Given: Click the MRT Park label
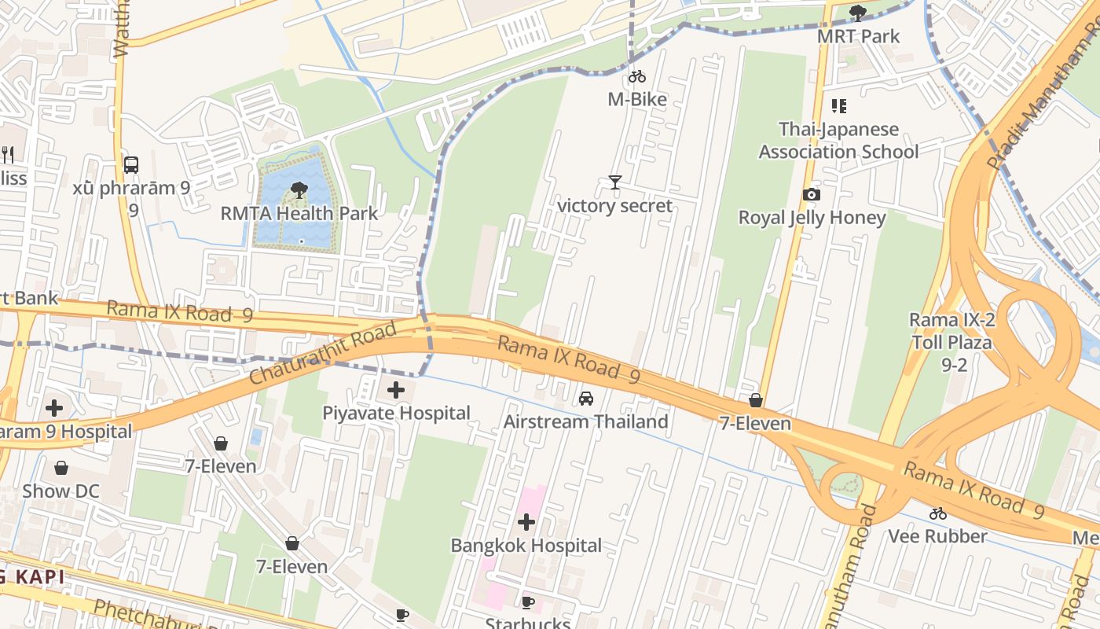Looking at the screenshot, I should click(x=858, y=36).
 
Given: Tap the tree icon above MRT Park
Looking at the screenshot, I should click(x=858, y=13).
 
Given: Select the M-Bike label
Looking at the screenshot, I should click(x=637, y=99).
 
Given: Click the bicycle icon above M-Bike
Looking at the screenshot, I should click(x=637, y=76).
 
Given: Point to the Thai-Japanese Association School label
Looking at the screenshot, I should click(x=838, y=140).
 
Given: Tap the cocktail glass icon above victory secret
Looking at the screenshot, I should click(x=615, y=182).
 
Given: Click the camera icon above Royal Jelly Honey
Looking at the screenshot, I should click(x=812, y=194).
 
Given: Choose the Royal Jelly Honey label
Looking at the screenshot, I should click(x=812, y=218).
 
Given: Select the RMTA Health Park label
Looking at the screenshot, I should click(x=299, y=213).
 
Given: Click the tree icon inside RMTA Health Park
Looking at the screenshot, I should click(x=299, y=189).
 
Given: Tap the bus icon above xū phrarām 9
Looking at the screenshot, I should click(x=131, y=165).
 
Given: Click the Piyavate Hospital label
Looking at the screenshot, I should click(x=396, y=413).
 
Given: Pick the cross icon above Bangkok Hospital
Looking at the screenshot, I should click(x=526, y=521).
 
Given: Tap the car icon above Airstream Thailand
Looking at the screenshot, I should click(x=586, y=399).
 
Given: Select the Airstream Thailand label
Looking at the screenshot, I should click(x=585, y=421).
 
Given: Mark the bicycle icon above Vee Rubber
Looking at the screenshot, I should click(x=937, y=513).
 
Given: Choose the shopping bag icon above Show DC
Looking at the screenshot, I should click(x=61, y=468).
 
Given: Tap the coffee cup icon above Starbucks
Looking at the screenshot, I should click(x=528, y=602).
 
